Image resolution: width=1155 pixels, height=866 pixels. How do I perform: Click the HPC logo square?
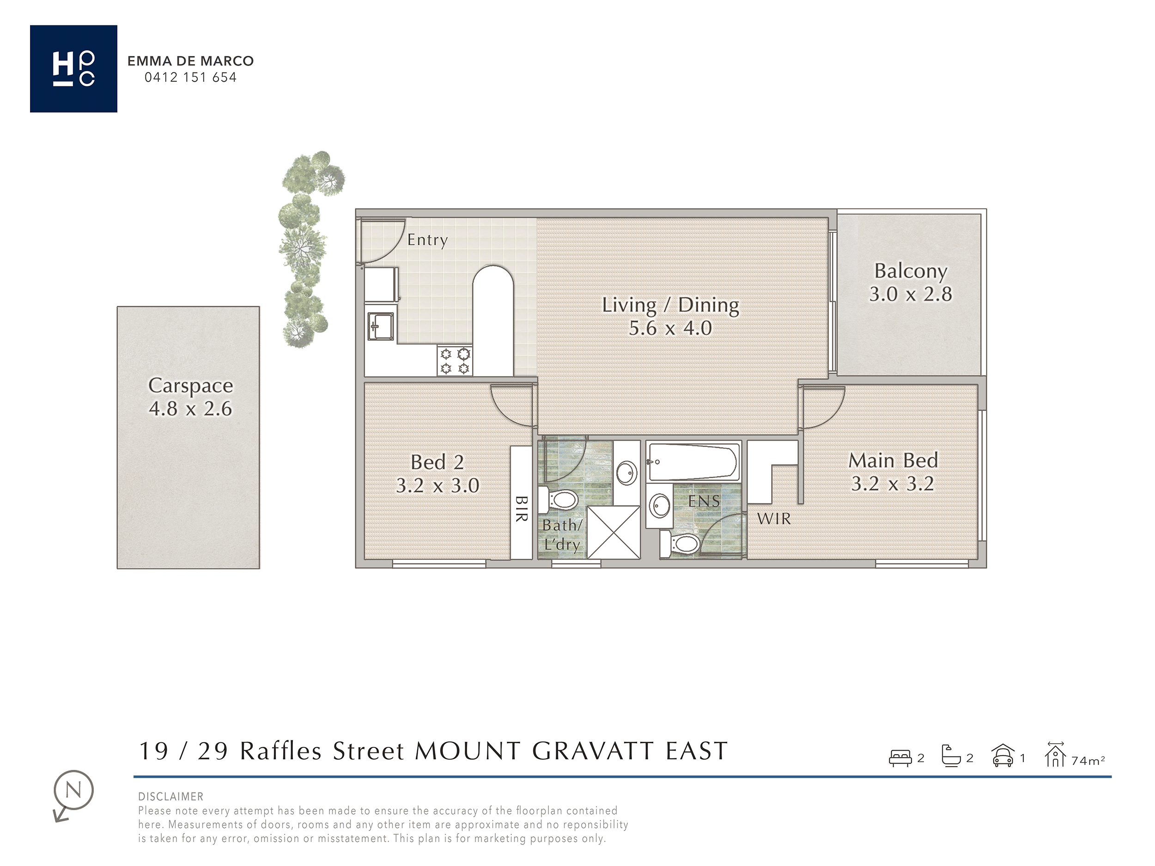[x=73, y=68]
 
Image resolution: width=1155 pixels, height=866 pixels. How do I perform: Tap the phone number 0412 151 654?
[x=191, y=78]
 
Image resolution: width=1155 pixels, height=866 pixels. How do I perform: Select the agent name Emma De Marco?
[x=191, y=61]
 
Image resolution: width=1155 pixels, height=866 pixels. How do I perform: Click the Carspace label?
[x=191, y=385]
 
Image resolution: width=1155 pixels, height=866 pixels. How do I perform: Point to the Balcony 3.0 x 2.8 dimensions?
[x=911, y=294]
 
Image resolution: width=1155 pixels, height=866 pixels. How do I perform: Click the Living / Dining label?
[x=670, y=305]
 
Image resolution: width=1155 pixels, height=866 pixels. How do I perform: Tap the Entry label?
[x=428, y=240]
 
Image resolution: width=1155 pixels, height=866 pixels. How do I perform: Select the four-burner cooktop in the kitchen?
[x=455, y=361]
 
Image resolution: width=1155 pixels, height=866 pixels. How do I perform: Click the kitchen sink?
[x=381, y=326]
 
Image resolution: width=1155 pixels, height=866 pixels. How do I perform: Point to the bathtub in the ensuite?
[x=693, y=461]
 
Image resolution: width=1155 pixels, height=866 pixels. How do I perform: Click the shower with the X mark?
[x=614, y=533]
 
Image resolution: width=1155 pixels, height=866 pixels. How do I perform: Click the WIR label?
[x=774, y=519]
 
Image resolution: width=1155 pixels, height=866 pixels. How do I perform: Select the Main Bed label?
[x=893, y=460]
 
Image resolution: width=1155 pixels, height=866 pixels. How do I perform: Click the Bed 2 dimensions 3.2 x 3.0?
[x=438, y=485]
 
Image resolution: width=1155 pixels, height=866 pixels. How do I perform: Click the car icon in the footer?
[x=1003, y=757]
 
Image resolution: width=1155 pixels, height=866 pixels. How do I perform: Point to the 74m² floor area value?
[x=1088, y=761]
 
